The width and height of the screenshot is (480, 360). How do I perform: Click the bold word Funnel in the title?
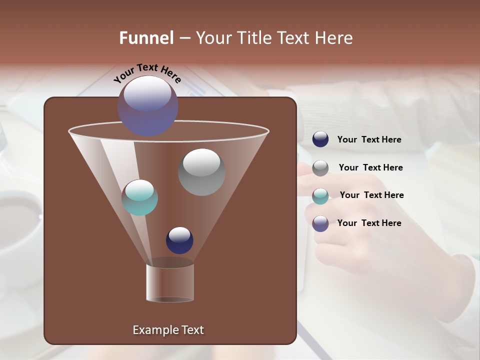tap(146, 38)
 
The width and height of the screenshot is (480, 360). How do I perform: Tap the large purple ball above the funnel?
tap(148, 105)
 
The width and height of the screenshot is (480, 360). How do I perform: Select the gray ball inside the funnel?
tap(202, 172)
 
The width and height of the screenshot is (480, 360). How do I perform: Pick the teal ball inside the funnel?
tap(140, 197)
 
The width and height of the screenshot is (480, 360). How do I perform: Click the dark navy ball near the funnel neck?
tap(179, 240)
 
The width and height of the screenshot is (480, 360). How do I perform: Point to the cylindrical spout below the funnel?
tap(170, 282)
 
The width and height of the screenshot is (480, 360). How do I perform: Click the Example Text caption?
tap(168, 330)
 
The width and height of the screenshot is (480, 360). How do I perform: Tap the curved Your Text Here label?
tap(147, 72)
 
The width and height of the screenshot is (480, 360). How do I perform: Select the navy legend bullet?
tap(320, 139)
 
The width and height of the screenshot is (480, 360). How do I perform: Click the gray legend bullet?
tap(320, 168)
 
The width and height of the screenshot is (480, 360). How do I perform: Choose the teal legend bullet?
tap(320, 196)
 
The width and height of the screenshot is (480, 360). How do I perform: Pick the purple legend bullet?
tap(320, 223)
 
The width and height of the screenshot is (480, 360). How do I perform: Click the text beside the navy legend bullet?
tap(369, 140)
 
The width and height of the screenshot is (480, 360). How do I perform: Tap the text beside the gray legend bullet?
tap(370, 168)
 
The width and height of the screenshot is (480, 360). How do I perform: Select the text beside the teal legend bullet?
tap(371, 195)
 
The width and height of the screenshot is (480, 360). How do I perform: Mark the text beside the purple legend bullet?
tap(369, 223)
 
